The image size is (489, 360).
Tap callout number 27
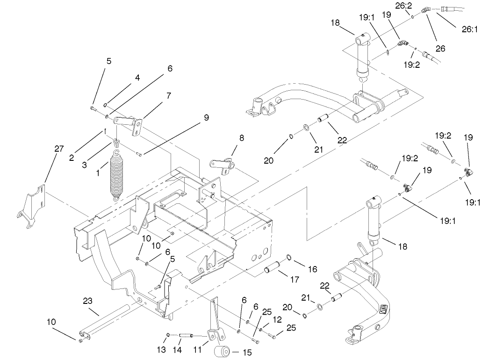coord(58,149)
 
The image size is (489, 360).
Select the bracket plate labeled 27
coord(33,207)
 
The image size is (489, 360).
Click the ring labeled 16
coord(289,257)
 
